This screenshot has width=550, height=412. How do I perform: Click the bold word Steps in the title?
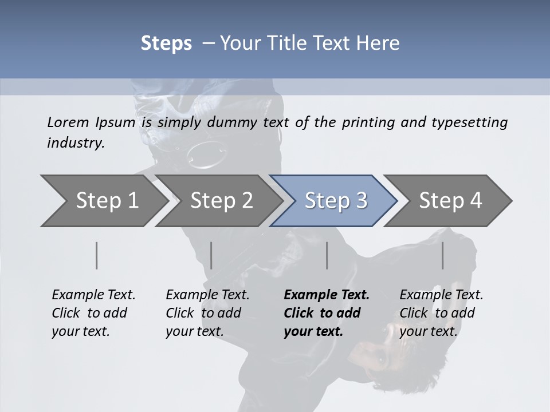166,43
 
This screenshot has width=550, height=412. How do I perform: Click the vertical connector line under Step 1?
97,255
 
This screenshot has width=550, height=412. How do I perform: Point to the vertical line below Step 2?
211,255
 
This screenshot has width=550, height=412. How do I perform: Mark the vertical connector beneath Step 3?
327,255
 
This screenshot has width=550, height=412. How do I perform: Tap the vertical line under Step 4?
443,255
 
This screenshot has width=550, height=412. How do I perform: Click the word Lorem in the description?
68,122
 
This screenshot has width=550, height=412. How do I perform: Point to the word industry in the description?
76,143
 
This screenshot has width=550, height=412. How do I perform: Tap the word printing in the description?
367,122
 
